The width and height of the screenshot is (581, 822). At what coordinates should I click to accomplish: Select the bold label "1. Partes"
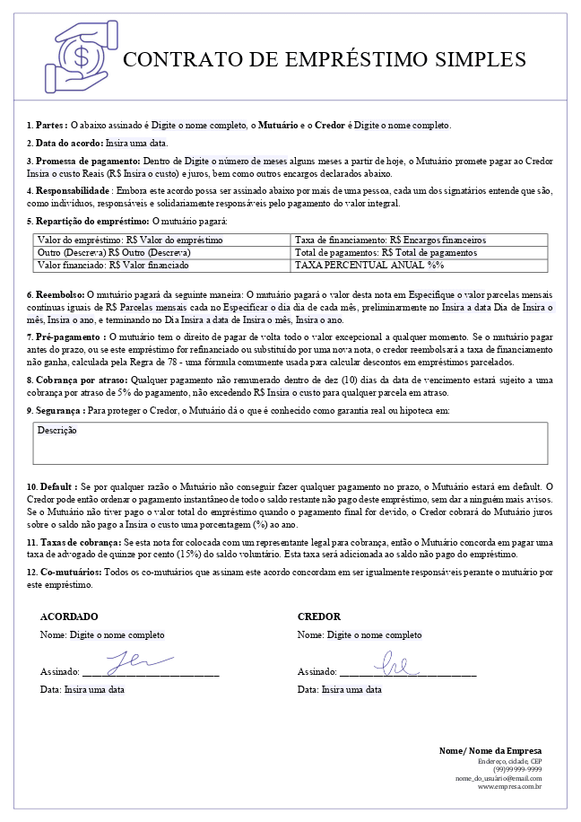coord(46,126)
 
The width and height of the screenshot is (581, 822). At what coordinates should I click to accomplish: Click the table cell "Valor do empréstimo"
coord(130,240)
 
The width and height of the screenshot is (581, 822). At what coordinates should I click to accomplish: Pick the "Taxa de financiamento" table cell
coord(389,240)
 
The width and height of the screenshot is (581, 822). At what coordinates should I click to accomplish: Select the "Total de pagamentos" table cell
coord(386,253)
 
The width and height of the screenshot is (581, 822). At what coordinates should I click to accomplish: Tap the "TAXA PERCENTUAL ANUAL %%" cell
coord(369,266)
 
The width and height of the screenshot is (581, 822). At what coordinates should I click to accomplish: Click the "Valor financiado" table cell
coord(113,266)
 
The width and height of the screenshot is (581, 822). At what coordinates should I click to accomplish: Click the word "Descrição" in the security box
coord(57,431)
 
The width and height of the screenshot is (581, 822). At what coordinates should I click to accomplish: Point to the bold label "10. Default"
coord(52,486)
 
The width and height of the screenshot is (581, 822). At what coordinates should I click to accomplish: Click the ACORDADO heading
coord(69,617)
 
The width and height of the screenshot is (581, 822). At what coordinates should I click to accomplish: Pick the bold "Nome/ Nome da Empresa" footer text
coord(490,751)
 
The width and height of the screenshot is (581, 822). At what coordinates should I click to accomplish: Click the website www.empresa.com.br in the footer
coord(509,787)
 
